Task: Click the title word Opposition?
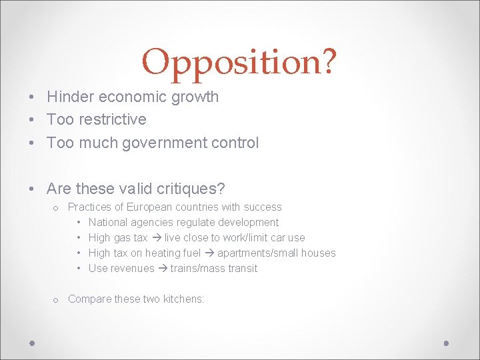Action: [239, 62]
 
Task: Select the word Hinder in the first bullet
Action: [70, 97]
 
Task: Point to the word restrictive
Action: [114, 119]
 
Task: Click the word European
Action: [147, 207]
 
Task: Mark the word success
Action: [263, 207]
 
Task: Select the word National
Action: [107, 223]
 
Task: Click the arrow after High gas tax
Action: [156, 238]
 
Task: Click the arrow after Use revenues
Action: [162, 269]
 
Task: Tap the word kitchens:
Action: [183, 299]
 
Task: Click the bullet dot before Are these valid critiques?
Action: [32, 189]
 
